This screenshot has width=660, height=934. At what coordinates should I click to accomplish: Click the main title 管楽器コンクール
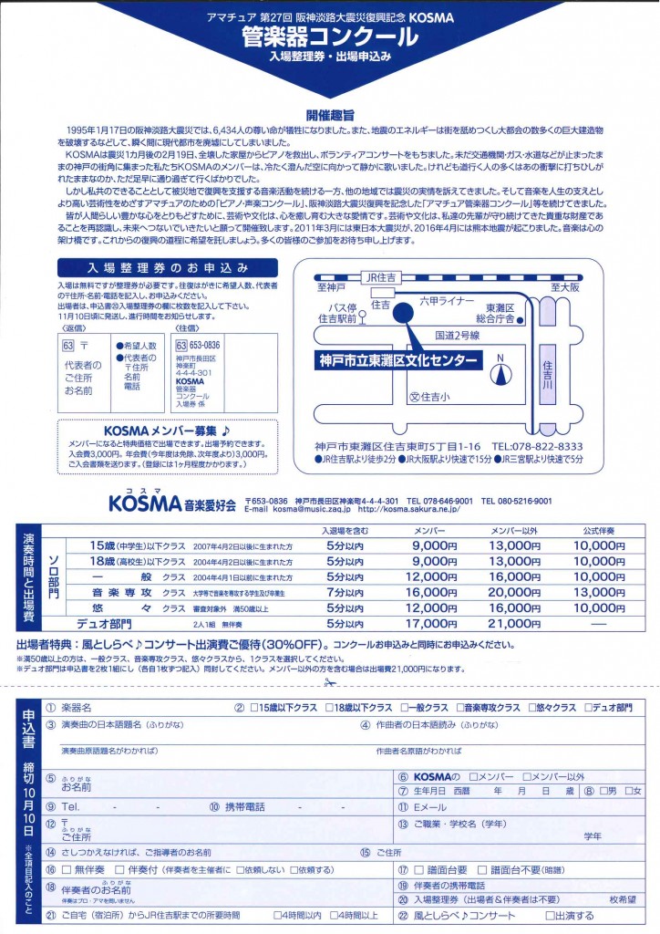pos(330,36)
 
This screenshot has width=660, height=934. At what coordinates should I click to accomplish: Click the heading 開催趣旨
pos(329,115)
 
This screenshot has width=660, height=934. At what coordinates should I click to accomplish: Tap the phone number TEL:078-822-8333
pos(538,445)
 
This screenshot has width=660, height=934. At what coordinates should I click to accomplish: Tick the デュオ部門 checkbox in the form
pos(590,708)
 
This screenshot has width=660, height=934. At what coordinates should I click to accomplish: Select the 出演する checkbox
pos(552,916)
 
